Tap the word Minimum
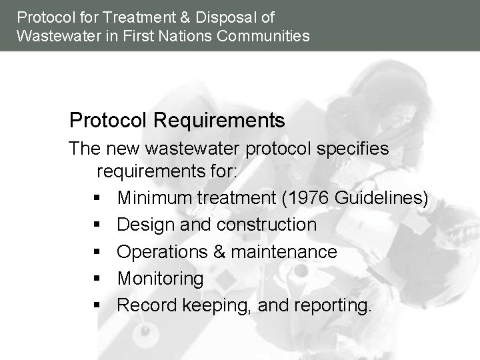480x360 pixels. [x=156, y=198]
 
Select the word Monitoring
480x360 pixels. [x=160, y=278]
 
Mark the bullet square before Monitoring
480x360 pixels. [x=97, y=279]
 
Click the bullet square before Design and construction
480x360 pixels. [x=97, y=225]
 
